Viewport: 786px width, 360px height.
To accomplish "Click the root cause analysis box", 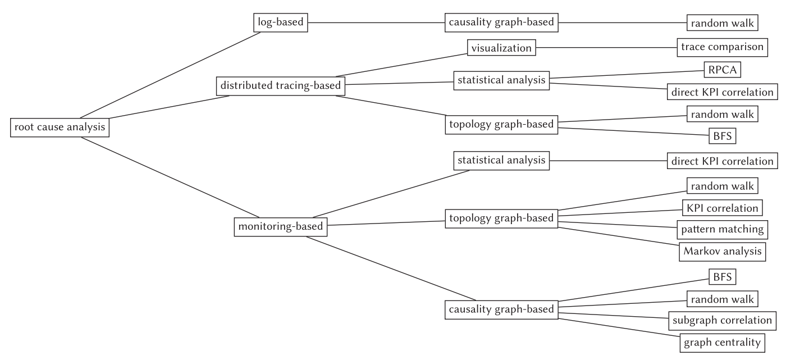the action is [60, 127].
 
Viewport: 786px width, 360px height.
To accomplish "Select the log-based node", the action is [281, 23].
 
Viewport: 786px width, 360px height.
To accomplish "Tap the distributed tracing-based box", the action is [281, 86].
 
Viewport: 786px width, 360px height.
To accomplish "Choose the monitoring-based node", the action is [281, 227].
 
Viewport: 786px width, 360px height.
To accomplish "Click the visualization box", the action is [501, 48].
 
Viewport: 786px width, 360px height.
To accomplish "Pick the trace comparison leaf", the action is [723, 47].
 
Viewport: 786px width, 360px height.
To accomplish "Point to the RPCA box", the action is [723, 70].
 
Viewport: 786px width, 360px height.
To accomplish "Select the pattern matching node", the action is [723, 230].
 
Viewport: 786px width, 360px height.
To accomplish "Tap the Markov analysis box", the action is [723, 252].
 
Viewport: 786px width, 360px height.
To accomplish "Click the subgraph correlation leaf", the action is [723, 321].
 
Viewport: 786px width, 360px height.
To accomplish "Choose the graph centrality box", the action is [723, 343].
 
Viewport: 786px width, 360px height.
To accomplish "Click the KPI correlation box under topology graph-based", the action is [723, 208].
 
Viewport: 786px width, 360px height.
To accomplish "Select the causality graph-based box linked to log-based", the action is [501, 23].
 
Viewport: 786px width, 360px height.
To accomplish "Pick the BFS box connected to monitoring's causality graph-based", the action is [723, 277].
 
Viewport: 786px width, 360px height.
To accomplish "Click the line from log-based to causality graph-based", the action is [376, 23].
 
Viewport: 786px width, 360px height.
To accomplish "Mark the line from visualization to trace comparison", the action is [606, 48].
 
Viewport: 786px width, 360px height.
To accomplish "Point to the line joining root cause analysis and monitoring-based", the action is [170, 177].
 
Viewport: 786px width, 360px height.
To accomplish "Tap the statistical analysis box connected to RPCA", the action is [501, 81].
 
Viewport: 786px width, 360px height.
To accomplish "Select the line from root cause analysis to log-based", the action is [170, 75].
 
